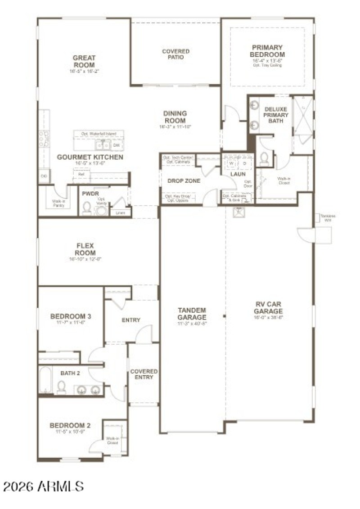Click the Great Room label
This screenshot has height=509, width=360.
pos(84,62)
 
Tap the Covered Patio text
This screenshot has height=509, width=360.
pos(175,54)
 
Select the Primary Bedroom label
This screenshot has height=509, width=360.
pos(267,51)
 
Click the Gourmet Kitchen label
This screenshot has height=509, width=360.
pos(90,157)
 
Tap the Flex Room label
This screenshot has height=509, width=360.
pos(85,249)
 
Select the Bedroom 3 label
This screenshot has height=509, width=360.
pos(71,316)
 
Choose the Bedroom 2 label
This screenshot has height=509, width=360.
pos(70,425)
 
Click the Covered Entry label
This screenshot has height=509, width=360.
pos(144,374)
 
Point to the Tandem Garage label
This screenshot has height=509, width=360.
pos(192,314)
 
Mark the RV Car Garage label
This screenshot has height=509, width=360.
pos(268,308)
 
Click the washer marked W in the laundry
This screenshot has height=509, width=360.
pos(232,163)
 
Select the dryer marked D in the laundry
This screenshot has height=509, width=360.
pos(245,163)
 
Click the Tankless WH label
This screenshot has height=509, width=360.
pos(328,218)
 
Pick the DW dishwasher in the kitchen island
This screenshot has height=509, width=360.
pos(116,145)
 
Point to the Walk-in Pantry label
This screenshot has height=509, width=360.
pos(58,203)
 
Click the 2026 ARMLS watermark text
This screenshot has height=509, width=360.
pos(44,486)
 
